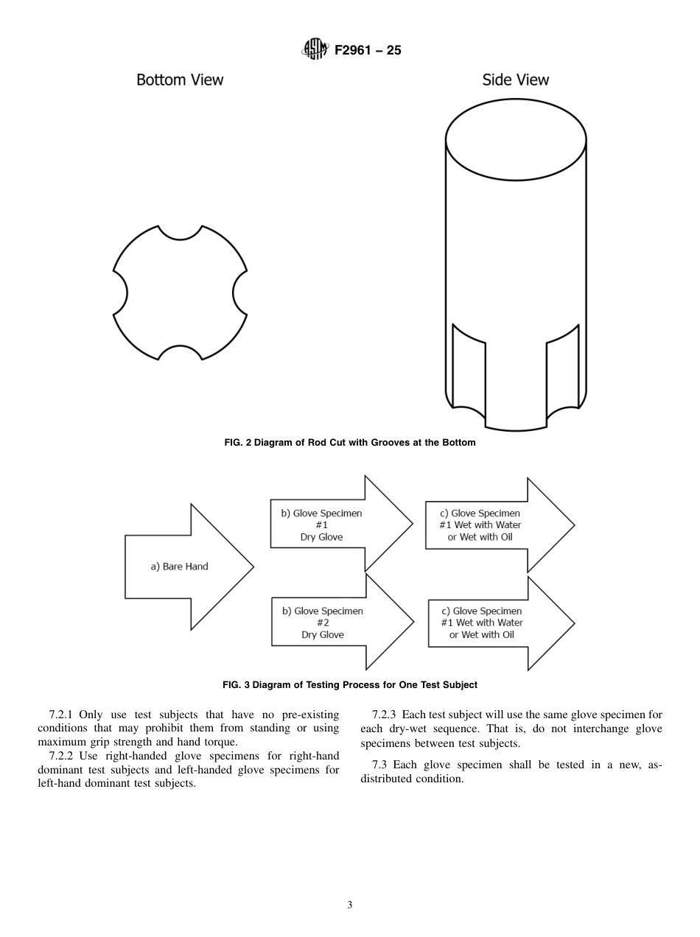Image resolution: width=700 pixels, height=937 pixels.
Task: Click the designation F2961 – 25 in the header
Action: point(368,51)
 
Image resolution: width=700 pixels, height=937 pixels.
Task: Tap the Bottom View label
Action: point(180,80)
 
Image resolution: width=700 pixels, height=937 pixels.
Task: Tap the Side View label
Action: point(515,80)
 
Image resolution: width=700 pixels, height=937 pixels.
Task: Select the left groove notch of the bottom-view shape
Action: point(120,292)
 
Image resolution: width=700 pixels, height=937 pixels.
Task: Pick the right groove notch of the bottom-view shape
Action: point(240,292)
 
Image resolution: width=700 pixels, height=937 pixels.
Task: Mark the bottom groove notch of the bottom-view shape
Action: point(181,353)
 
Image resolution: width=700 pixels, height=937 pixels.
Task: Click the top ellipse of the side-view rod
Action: point(516,138)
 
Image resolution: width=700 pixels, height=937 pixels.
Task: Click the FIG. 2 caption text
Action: point(350,443)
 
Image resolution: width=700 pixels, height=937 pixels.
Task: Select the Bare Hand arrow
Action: point(184,566)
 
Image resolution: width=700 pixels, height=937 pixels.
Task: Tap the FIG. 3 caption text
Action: point(350,684)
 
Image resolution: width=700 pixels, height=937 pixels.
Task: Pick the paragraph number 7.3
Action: point(380,765)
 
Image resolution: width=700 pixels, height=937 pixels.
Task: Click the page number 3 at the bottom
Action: point(350,905)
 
